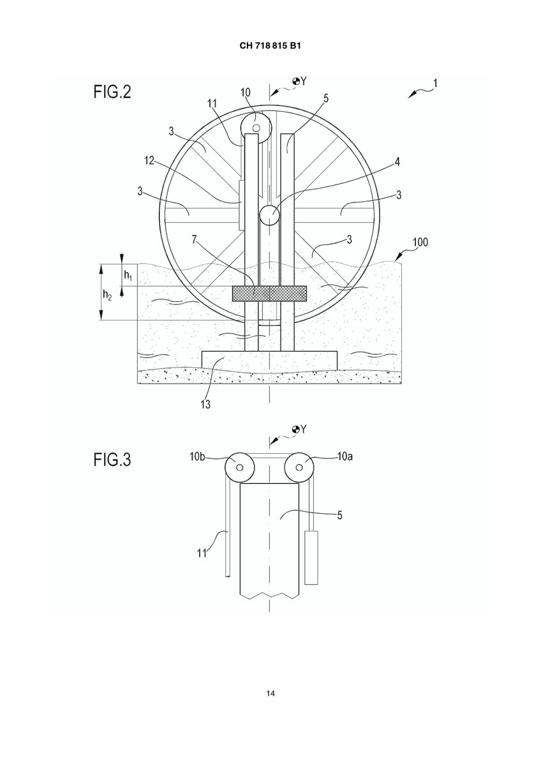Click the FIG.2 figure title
(112, 92)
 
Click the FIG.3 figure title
(112, 460)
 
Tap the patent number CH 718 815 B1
(270, 46)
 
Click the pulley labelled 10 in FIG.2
(256, 128)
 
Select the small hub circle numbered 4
(270, 215)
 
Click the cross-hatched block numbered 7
(270, 294)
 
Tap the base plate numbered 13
(270, 361)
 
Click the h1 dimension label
(128, 275)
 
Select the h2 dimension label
(107, 295)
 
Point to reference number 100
(420, 242)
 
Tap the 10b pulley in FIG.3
(240, 467)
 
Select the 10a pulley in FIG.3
(299, 467)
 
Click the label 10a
(345, 456)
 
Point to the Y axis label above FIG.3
(304, 428)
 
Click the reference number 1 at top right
(435, 84)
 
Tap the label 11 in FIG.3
(202, 553)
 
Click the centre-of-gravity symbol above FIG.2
(296, 82)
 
